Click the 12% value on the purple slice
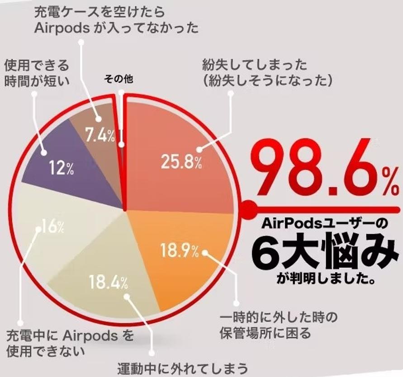[61, 169]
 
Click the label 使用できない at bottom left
[39, 350]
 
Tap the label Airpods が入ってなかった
[116, 28]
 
